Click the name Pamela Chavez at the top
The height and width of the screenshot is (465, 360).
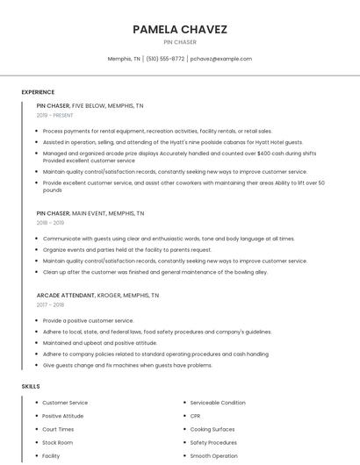coord(180,29)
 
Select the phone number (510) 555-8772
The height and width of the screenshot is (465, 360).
coord(165,59)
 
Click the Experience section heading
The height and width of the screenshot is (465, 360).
coord(38,92)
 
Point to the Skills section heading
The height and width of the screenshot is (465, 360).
coord(30,386)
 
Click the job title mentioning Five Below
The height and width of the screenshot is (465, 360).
coord(90,105)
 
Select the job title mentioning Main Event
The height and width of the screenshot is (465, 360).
coord(90,213)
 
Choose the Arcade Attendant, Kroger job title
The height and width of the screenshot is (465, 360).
coord(97,296)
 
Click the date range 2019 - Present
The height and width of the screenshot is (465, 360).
coord(55,115)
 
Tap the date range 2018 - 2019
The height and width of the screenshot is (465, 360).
coord(50,223)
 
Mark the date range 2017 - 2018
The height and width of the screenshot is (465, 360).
coord(50,305)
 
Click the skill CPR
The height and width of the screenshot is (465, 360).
coord(196,416)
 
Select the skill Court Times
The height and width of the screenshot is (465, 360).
coord(58,429)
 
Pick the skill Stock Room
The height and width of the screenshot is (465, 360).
coord(57,443)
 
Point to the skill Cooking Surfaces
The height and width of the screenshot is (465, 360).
coord(212,429)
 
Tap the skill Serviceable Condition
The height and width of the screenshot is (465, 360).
coord(218,403)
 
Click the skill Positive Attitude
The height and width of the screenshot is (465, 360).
coord(62,416)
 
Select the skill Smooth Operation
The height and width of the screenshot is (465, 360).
coord(213,456)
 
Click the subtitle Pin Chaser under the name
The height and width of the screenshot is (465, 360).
coord(180,42)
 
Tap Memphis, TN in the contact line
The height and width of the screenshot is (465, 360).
coord(124,59)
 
